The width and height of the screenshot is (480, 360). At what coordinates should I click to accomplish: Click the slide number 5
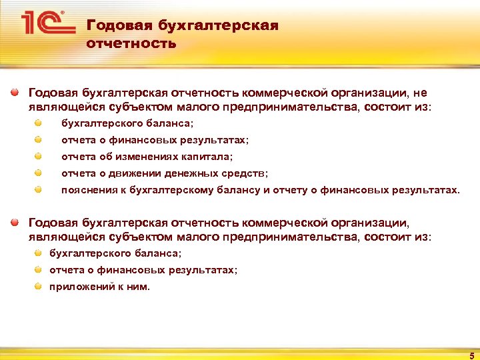point(471,355)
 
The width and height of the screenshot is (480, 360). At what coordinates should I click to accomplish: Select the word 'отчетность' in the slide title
point(131,44)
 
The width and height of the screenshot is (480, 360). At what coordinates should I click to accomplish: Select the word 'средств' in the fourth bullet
point(246,173)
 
